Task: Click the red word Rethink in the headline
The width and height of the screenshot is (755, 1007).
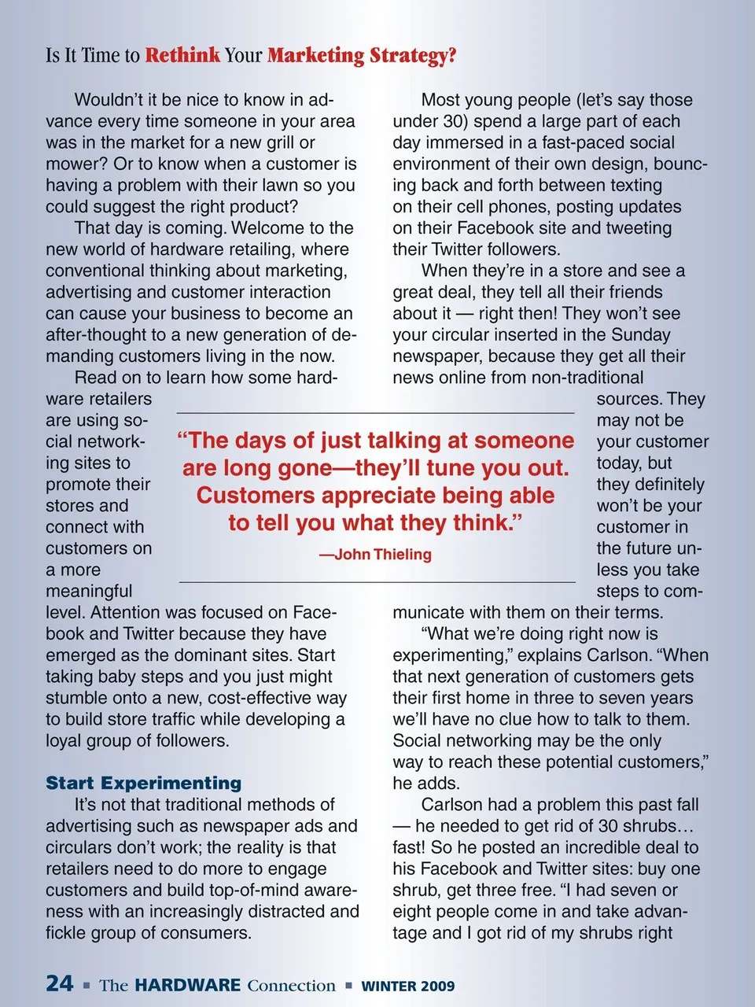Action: coord(182,56)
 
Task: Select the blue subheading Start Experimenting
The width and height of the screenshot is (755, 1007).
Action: coord(144,783)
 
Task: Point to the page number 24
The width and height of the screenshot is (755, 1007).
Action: coord(60,983)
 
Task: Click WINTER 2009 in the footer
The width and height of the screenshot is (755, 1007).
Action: coord(407,986)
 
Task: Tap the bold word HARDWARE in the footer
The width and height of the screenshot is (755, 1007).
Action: coord(188,985)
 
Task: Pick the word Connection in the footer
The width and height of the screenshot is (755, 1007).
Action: coord(291,986)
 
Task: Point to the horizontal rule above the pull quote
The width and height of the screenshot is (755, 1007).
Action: coord(375,413)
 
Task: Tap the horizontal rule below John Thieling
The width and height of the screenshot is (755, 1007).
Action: coord(377,582)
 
